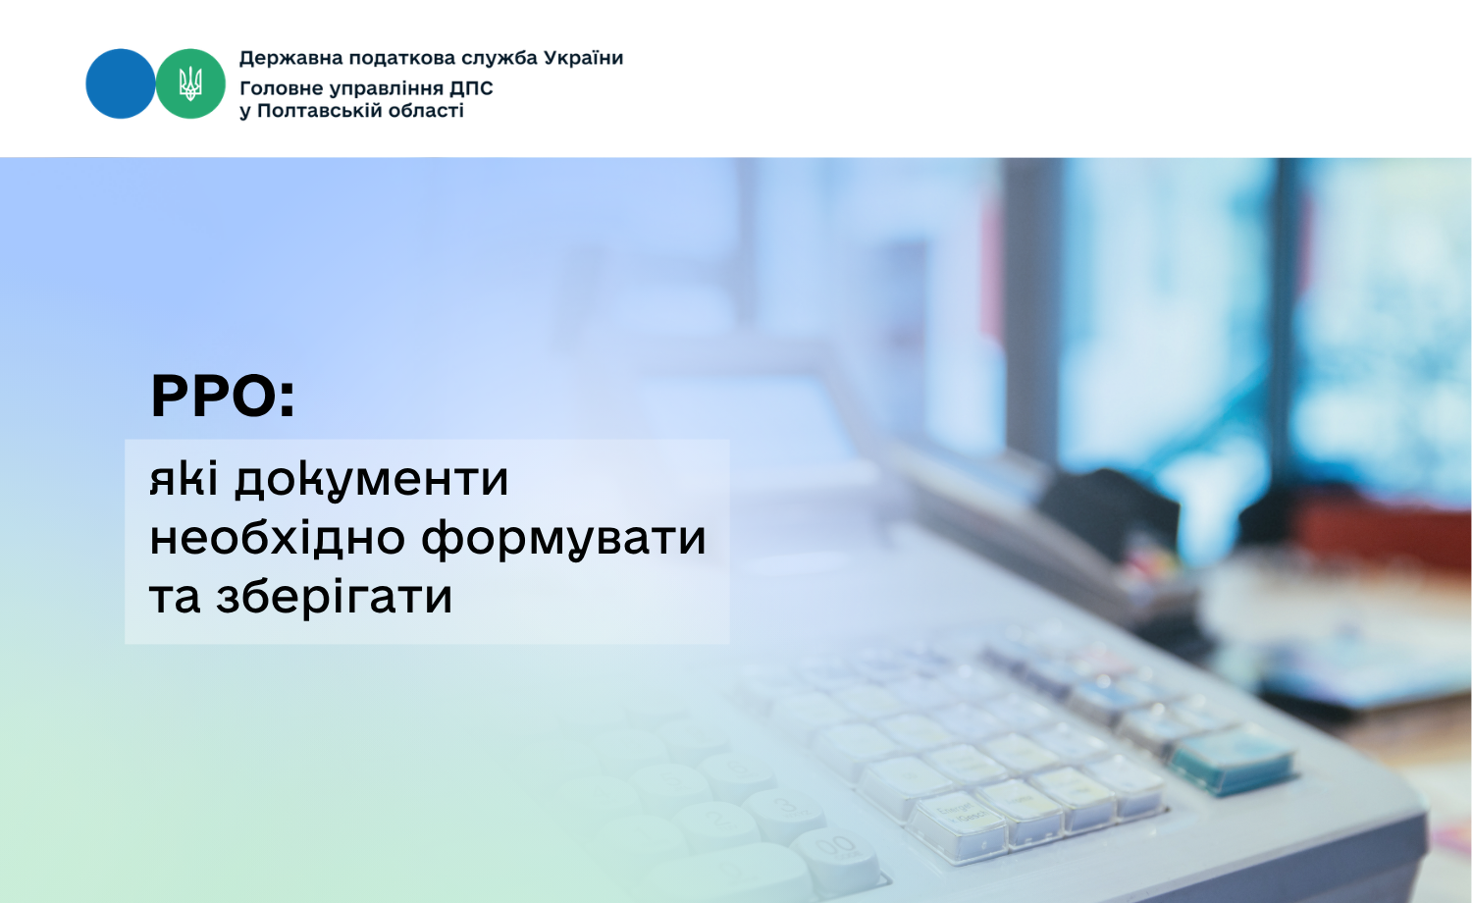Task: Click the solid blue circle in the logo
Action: point(121,83)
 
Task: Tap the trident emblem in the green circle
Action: point(190,83)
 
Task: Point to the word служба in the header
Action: point(499,59)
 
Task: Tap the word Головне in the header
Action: point(281,88)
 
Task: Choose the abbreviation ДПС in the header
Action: point(471,88)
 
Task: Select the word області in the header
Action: point(427,110)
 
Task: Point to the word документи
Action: point(372,480)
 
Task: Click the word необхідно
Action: point(278,536)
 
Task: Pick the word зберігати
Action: point(334,596)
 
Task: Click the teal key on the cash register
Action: point(1234,760)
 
